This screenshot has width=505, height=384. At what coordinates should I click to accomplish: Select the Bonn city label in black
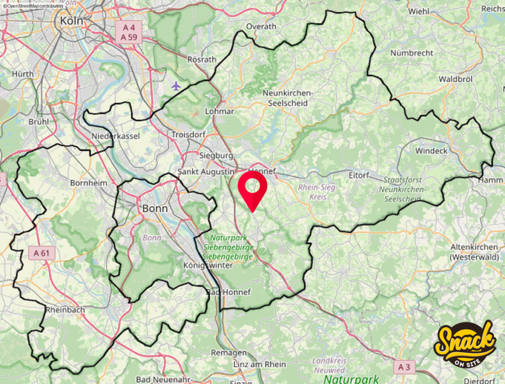[x=155, y=209]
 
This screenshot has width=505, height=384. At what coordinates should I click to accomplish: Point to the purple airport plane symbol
[x=176, y=86]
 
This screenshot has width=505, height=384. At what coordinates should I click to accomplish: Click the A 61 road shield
[x=41, y=253]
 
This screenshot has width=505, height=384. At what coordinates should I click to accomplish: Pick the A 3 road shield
[x=404, y=367]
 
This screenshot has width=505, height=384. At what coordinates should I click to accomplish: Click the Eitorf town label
[x=359, y=175]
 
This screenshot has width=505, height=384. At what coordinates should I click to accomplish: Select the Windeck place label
[x=431, y=150]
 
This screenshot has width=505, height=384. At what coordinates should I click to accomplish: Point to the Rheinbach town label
[x=65, y=310]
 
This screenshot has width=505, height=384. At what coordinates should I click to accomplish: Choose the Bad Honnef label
[x=228, y=292]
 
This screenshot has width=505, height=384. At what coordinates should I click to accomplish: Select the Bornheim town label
[x=89, y=182]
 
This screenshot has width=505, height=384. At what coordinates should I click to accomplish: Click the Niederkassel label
[x=116, y=136]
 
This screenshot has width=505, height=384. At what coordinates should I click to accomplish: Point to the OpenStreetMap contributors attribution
[x=33, y=5]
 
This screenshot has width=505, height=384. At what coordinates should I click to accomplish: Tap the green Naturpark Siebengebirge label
[x=228, y=247]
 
